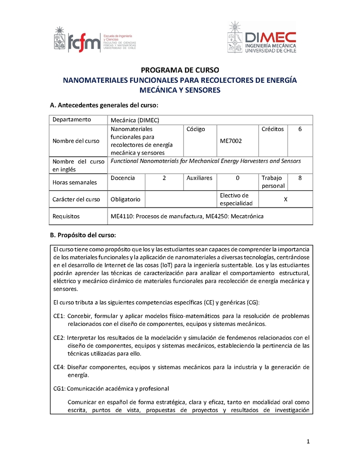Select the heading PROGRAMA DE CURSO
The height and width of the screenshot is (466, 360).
click(180, 70)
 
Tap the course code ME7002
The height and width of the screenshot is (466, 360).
click(231, 141)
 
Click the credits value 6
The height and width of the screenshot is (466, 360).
click(300, 129)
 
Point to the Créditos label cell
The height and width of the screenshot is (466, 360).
click(273, 129)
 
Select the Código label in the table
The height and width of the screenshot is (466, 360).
click(196, 129)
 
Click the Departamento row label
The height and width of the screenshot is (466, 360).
click(72, 120)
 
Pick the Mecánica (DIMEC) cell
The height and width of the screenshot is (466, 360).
click(135, 120)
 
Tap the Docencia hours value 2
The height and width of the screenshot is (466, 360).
click(164, 178)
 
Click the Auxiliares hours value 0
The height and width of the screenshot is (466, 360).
click(237, 178)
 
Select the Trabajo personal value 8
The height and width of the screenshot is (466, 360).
click(300, 178)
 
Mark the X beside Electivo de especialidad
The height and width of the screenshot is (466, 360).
click(285, 199)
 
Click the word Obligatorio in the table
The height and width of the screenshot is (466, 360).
click(126, 199)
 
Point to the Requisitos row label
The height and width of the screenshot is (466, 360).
click(66, 216)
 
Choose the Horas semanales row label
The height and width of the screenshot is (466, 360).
click(75, 183)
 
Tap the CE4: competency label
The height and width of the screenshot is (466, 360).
click(59, 367)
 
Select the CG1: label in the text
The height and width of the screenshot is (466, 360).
click(59, 388)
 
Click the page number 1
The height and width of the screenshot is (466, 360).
click(308, 441)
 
